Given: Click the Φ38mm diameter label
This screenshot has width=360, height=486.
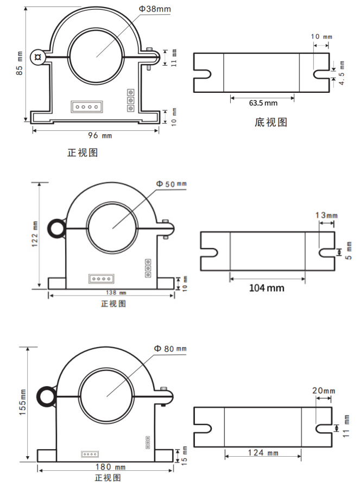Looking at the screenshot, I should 154,9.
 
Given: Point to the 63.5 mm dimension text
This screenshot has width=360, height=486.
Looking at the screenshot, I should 263,103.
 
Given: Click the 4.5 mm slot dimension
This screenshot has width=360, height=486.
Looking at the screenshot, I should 342,73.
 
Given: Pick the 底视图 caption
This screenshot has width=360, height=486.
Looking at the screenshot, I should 270,123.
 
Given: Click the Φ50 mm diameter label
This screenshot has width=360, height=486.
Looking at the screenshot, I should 170,185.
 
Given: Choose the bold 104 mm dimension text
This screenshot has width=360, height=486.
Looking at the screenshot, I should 267,288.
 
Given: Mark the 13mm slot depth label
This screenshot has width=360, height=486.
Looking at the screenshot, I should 326,216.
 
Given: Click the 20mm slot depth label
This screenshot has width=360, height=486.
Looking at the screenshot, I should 324,390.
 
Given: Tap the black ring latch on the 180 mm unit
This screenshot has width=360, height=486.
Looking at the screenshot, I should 46,396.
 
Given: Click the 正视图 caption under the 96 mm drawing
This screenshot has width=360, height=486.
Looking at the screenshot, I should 83,153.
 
